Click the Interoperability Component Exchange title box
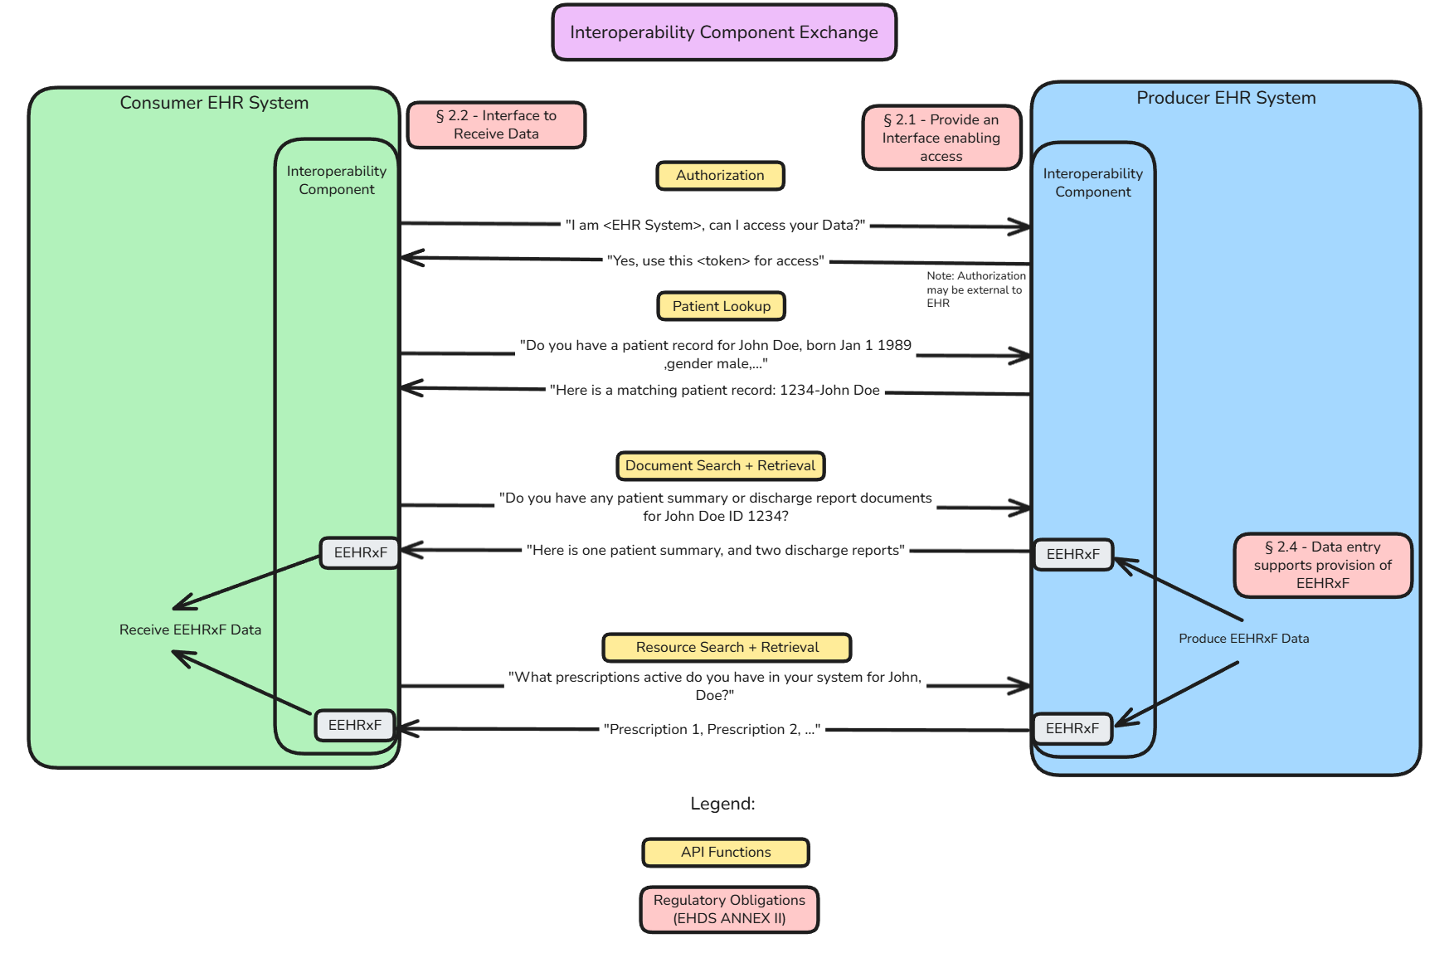tap(723, 32)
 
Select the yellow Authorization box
tap(719, 176)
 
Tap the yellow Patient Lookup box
tap(721, 306)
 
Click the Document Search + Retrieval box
tap(720, 466)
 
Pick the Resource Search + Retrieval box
tap(727, 648)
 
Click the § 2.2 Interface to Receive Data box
tap(496, 125)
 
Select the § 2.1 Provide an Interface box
tap(941, 138)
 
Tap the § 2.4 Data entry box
tap(1322, 565)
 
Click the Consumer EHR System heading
tap(214, 103)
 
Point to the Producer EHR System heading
tap(1225, 98)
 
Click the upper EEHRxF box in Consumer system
tap(360, 552)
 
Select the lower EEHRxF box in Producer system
tap(1072, 728)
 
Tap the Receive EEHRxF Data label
tap(190, 630)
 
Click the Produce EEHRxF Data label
tap(1243, 639)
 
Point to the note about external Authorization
tap(975, 289)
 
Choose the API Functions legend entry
tap(725, 853)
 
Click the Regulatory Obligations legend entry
tap(728, 909)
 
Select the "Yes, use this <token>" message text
tap(715, 260)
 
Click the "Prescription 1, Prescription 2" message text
tap(712, 729)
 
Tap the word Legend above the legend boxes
tap(722, 804)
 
